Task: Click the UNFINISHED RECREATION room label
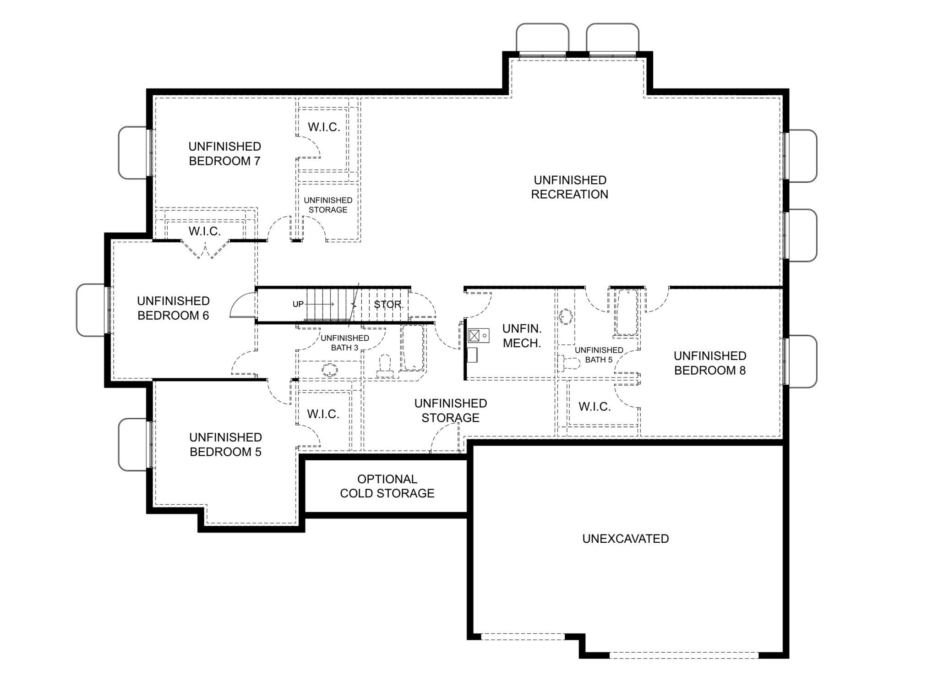[x=570, y=187]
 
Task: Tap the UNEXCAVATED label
[x=625, y=539]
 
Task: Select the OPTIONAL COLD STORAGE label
[x=387, y=486]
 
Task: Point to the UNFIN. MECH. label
[x=522, y=336]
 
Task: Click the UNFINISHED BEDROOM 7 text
[x=224, y=153]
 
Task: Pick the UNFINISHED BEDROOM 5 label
[x=225, y=444]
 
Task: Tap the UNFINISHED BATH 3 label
[x=344, y=343]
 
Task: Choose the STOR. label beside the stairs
[x=388, y=305]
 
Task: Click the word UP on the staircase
[x=298, y=304]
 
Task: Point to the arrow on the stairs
[x=319, y=304]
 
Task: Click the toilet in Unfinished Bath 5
[x=568, y=364]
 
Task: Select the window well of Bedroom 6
[x=92, y=310]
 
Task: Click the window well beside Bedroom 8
[x=801, y=361]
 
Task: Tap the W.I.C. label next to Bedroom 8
[x=594, y=406]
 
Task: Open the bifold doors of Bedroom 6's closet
[x=205, y=249]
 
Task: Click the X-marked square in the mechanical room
[x=474, y=336]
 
